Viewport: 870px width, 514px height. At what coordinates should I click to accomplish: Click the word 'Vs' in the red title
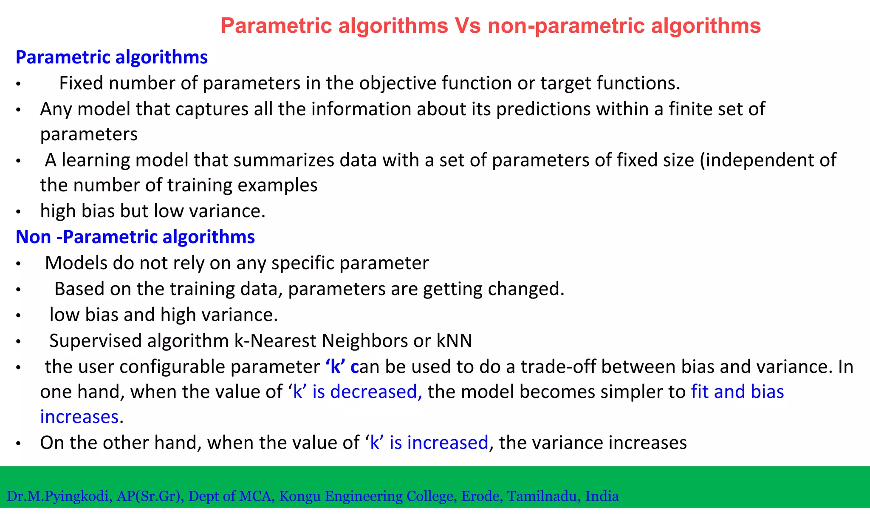(x=468, y=26)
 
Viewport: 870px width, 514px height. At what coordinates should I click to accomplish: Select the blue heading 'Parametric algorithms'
(x=112, y=57)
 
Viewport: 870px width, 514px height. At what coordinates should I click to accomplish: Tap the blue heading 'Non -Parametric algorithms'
(x=135, y=237)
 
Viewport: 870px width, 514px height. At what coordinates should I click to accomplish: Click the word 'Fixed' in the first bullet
(x=81, y=83)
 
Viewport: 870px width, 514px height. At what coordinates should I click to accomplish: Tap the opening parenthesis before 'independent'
(x=703, y=160)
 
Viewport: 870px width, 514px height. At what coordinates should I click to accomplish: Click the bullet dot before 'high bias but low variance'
(x=18, y=212)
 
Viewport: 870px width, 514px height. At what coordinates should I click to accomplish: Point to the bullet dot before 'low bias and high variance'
(x=18, y=316)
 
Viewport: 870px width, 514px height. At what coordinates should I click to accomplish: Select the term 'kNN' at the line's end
(x=454, y=341)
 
